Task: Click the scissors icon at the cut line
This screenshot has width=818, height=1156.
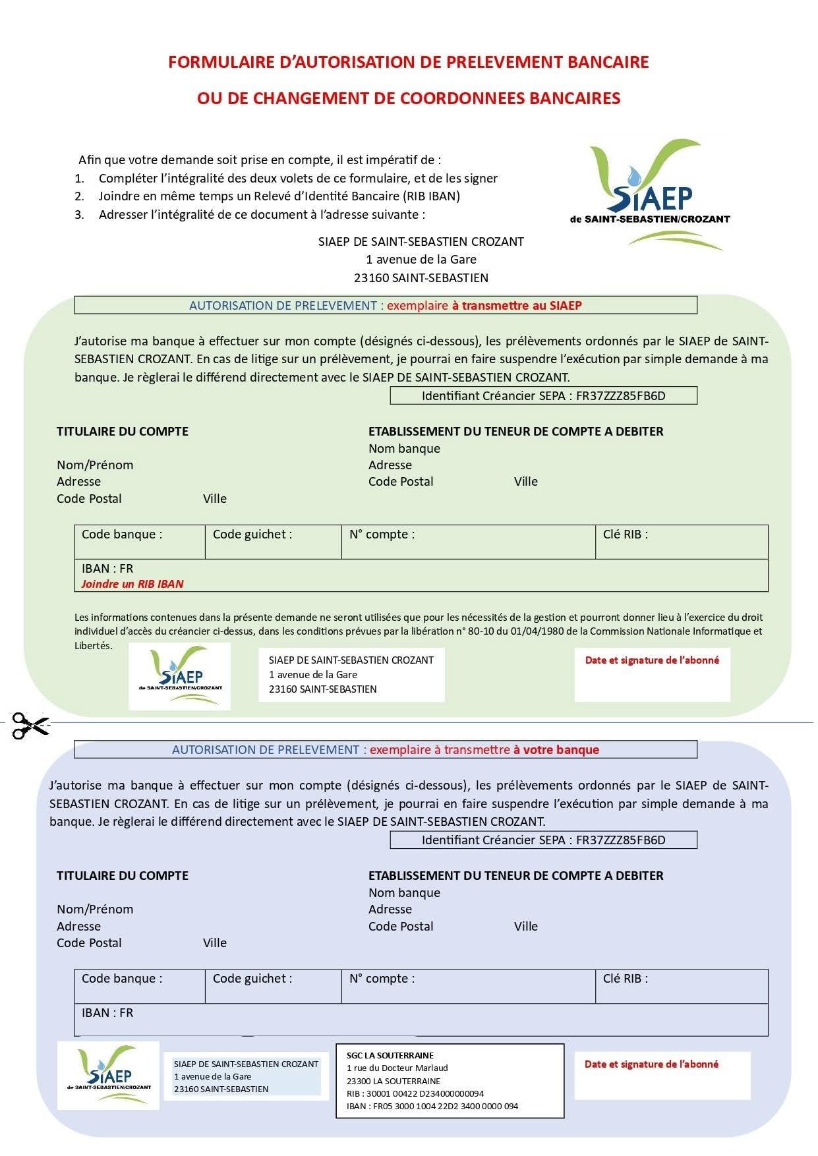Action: [x=30, y=726]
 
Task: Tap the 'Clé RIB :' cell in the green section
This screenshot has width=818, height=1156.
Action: [x=681, y=542]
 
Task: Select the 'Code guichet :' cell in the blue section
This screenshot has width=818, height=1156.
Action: [x=273, y=986]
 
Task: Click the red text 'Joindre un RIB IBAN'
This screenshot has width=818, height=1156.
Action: [x=132, y=584]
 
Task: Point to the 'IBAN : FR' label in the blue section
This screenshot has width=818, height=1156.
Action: [x=107, y=1013]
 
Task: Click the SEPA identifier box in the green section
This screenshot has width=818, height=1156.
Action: [x=543, y=396]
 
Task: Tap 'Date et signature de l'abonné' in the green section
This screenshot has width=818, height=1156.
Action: [x=652, y=660]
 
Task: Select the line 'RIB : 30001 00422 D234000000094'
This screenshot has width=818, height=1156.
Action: [x=415, y=1093]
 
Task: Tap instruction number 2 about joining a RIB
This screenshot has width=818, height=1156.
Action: [x=279, y=196]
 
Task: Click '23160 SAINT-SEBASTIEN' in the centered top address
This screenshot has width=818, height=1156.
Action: [x=421, y=278]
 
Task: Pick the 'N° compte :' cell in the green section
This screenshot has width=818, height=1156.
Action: [x=468, y=542]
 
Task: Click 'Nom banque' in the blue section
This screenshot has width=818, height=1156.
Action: [x=404, y=893]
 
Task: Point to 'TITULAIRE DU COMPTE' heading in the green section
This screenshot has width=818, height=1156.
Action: [x=123, y=432]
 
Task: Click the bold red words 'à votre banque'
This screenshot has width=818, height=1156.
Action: [x=556, y=750]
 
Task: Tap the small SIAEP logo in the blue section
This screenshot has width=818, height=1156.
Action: [x=108, y=1075]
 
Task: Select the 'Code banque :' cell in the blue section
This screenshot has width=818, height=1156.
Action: [x=140, y=986]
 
